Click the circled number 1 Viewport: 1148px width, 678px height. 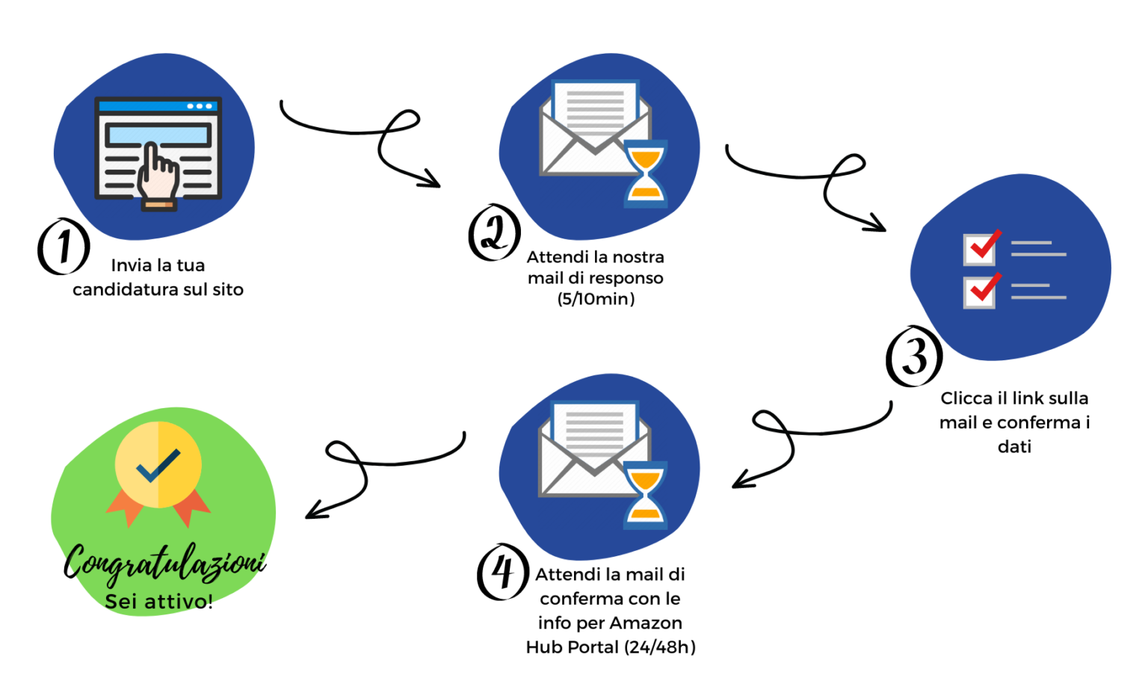point(64,247)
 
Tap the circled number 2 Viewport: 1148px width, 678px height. point(494,232)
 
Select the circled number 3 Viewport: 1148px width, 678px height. point(913,357)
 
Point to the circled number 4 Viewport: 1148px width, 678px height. point(502,572)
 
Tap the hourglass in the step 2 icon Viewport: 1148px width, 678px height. point(645,173)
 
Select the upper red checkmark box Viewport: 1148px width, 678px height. point(981,247)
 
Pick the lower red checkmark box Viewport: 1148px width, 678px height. point(981,290)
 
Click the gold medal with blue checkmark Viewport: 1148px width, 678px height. point(158,465)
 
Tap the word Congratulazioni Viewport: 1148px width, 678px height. point(164,563)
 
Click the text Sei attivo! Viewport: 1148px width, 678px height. point(158,602)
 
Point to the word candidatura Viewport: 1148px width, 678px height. point(125,290)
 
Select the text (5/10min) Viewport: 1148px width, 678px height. point(596,299)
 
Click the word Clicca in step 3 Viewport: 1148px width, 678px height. point(966,398)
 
